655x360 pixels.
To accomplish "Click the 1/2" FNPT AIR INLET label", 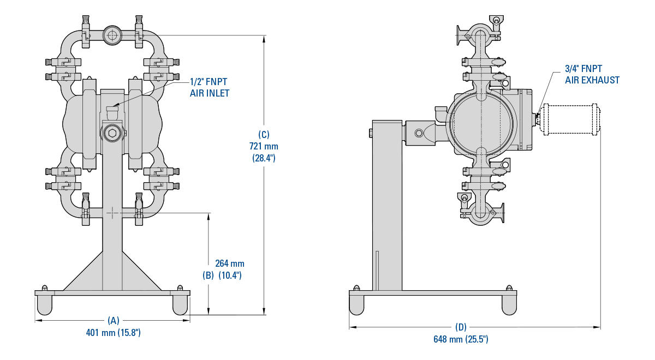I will pyautogui.click(x=209, y=87).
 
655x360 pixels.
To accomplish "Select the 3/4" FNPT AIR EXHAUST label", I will pyautogui.click(x=592, y=74).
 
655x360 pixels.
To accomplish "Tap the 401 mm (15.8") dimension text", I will pyautogui.click(x=114, y=332).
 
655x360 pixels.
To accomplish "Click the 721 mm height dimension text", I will pyautogui.click(x=264, y=146).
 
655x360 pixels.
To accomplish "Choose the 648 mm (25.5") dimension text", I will pyautogui.click(x=461, y=339).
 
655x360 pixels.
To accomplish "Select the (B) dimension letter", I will pyautogui.click(x=208, y=275).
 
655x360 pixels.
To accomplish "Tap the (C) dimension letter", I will pyautogui.click(x=264, y=134).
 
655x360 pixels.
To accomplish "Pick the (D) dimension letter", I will pyautogui.click(x=461, y=327).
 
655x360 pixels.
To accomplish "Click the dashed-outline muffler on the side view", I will pyautogui.click(x=569, y=119).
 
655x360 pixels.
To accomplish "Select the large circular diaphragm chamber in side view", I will pyautogui.click(x=481, y=121).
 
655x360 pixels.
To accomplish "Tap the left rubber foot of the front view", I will pyautogui.click(x=45, y=304).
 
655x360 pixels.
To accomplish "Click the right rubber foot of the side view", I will pyautogui.click(x=509, y=305).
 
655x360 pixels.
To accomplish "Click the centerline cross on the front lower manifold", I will pyautogui.click(x=112, y=212).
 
